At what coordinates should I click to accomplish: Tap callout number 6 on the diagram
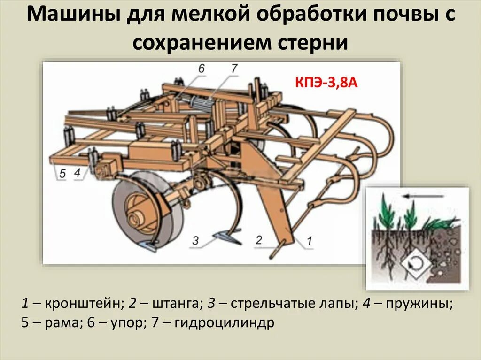(x=201, y=69)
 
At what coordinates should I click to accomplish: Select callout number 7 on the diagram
(x=234, y=69)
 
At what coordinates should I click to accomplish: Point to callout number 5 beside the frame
(x=62, y=173)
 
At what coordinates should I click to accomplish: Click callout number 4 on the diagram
(x=78, y=173)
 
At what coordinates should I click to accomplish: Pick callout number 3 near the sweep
(x=196, y=241)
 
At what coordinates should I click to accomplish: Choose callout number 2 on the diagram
(x=258, y=240)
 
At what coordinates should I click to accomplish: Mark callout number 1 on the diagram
(x=309, y=241)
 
